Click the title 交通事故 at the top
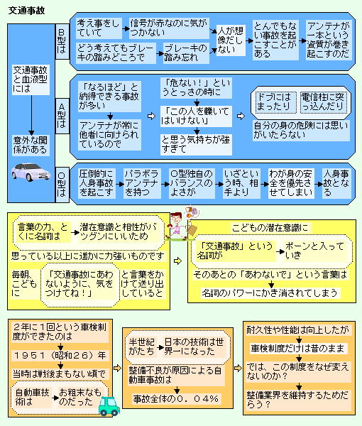26,11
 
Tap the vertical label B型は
62,41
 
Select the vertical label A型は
62,116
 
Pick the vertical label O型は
62,185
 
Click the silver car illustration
31,172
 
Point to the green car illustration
109,406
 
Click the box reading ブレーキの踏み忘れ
186,53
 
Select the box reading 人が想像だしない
231,40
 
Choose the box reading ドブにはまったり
275,102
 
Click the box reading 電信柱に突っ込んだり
323,102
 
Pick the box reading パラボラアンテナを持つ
141,183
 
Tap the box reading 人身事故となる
336,183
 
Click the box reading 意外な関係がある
31,145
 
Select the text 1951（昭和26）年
60,356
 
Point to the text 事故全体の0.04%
176,398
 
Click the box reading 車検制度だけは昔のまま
298,349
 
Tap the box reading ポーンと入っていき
315,251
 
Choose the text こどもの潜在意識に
270,228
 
